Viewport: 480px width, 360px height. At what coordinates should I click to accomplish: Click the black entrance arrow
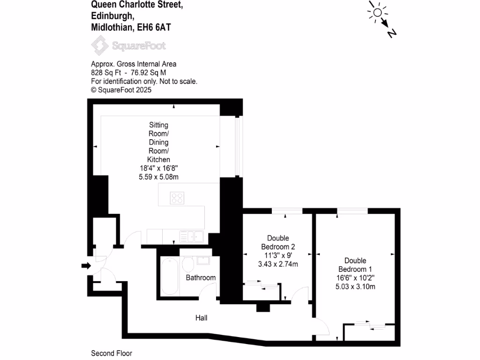click(x=86, y=266)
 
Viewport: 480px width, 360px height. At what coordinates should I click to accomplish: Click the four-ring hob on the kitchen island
click(x=177, y=198)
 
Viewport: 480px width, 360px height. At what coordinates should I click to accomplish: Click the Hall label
click(x=202, y=318)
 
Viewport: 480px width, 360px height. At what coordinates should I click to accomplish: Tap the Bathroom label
click(x=201, y=277)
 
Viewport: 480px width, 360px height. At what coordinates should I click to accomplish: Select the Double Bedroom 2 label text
click(x=277, y=242)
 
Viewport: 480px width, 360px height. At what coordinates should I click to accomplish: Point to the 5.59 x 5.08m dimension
click(x=158, y=177)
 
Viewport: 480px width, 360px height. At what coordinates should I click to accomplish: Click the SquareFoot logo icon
click(x=99, y=46)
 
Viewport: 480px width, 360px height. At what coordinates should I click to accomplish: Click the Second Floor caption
click(x=112, y=353)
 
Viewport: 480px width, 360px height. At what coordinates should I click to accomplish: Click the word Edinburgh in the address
click(x=112, y=16)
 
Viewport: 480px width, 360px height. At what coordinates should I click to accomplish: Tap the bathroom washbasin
click(x=203, y=260)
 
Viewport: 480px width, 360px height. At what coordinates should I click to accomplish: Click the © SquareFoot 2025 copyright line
click(x=121, y=90)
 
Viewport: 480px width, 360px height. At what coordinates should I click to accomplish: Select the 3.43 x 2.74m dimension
click(x=278, y=264)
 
